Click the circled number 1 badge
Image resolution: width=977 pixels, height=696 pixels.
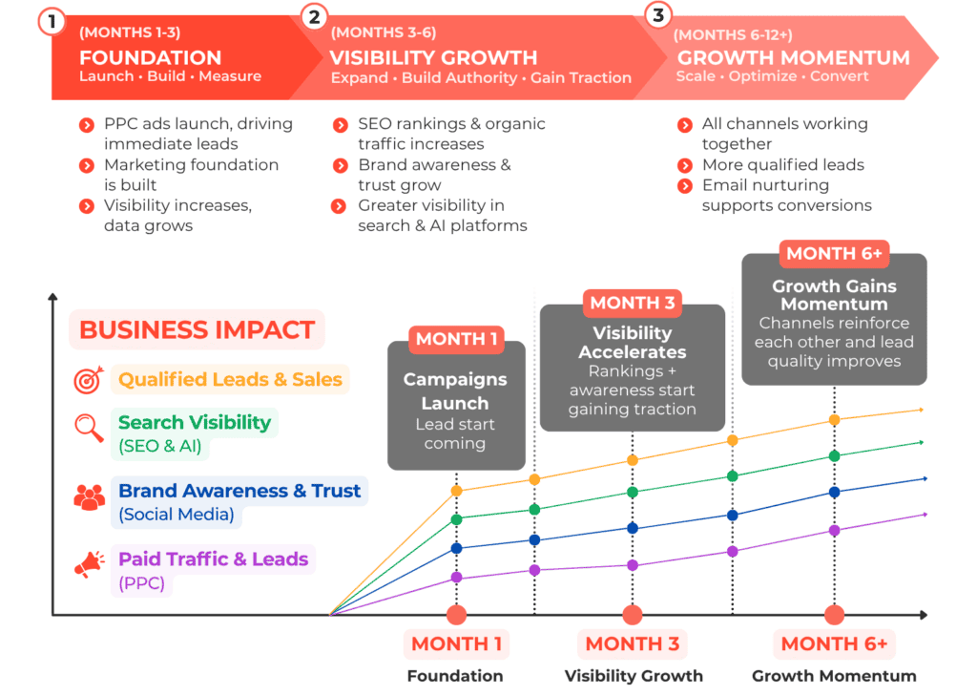[52, 22]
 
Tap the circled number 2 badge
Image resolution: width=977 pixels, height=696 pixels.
[315, 17]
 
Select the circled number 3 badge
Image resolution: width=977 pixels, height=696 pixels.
[658, 14]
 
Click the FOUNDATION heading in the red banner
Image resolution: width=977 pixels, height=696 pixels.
[150, 57]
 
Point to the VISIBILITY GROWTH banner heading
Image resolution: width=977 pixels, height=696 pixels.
[433, 57]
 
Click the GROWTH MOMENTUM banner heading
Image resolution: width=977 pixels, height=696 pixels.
[793, 57]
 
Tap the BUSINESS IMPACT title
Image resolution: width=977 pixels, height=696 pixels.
[197, 330]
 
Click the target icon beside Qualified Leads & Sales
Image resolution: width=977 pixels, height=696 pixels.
[89, 379]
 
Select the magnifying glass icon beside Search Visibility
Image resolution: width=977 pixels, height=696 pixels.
[89, 428]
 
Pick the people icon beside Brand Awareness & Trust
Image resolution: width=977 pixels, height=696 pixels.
[89, 497]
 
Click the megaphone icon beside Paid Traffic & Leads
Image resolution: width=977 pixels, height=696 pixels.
[89, 564]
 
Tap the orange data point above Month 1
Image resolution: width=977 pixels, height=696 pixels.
[457, 491]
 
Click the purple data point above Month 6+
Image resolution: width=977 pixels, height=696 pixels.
[834, 531]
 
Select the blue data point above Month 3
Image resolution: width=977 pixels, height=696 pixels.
[633, 528]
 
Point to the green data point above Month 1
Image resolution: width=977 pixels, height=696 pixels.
[457, 519]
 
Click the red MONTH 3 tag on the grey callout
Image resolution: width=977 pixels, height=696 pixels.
[633, 303]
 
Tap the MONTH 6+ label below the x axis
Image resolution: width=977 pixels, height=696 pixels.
[834, 643]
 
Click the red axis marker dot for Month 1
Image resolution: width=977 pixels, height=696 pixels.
[457, 615]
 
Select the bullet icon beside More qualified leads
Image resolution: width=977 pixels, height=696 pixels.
[685, 165]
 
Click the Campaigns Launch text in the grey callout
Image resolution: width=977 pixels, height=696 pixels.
[455, 391]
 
